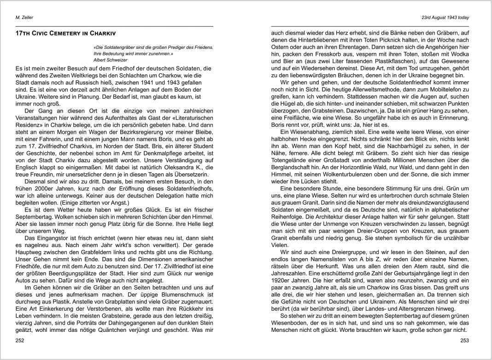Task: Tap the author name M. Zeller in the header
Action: pyautogui.click(x=24, y=18)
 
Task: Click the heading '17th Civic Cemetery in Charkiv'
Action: pyautogui.click(x=65, y=34)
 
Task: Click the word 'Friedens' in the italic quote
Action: pyautogui.click(x=201, y=47)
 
